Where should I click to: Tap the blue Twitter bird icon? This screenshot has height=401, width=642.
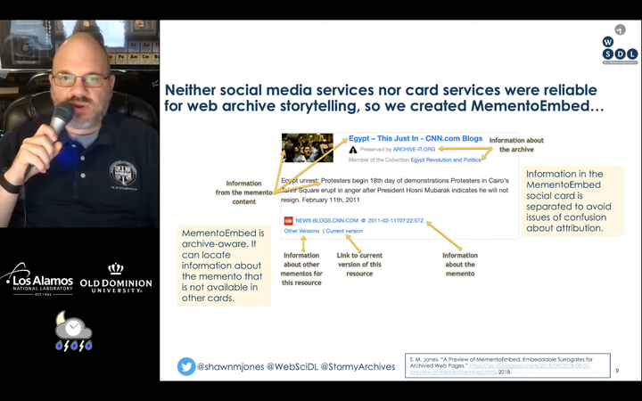(x=186, y=366)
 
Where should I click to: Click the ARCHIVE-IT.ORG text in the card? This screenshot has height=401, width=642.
(x=412, y=150)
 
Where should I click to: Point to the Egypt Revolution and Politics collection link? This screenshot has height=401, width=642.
(x=445, y=160)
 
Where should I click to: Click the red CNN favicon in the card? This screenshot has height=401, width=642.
(x=288, y=220)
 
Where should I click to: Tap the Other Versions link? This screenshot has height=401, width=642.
(x=301, y=231)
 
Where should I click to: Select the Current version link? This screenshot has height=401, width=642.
(x=344, y=231)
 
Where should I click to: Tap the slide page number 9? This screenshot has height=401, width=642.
(x=618, y=371)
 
